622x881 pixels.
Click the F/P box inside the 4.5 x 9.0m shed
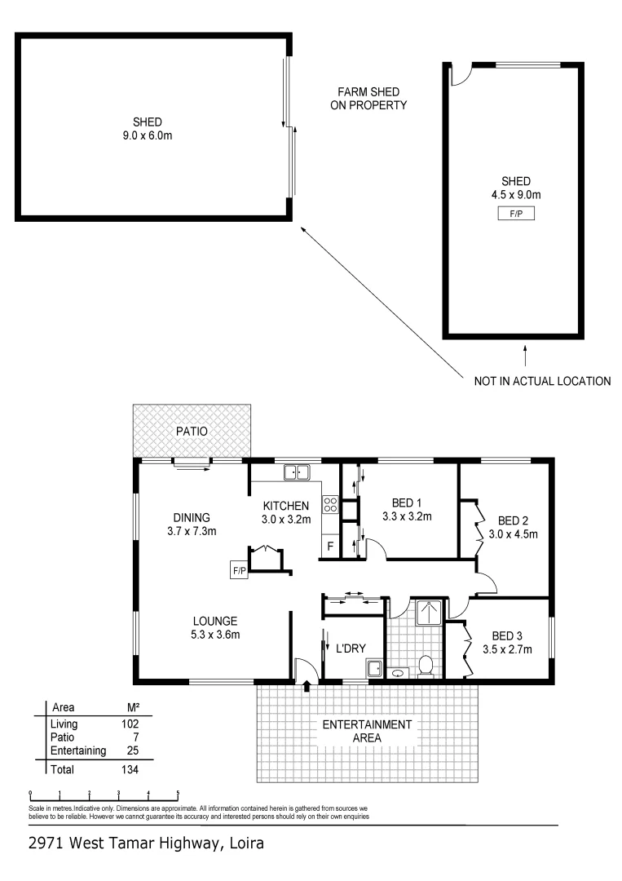(516, 213)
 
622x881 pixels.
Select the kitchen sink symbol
(297, 471)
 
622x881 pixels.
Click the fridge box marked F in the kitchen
(331, 546)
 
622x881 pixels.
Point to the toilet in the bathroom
(425, 666)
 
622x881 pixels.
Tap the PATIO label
(192, 430)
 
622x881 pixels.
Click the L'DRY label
(351, 649)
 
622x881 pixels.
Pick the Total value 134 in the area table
(129, 769)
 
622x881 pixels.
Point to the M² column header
(126, 707)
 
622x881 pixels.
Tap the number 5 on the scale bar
(178, 792)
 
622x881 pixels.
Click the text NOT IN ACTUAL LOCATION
(543, 381)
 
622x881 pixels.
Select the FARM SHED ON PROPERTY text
(368, 99)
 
